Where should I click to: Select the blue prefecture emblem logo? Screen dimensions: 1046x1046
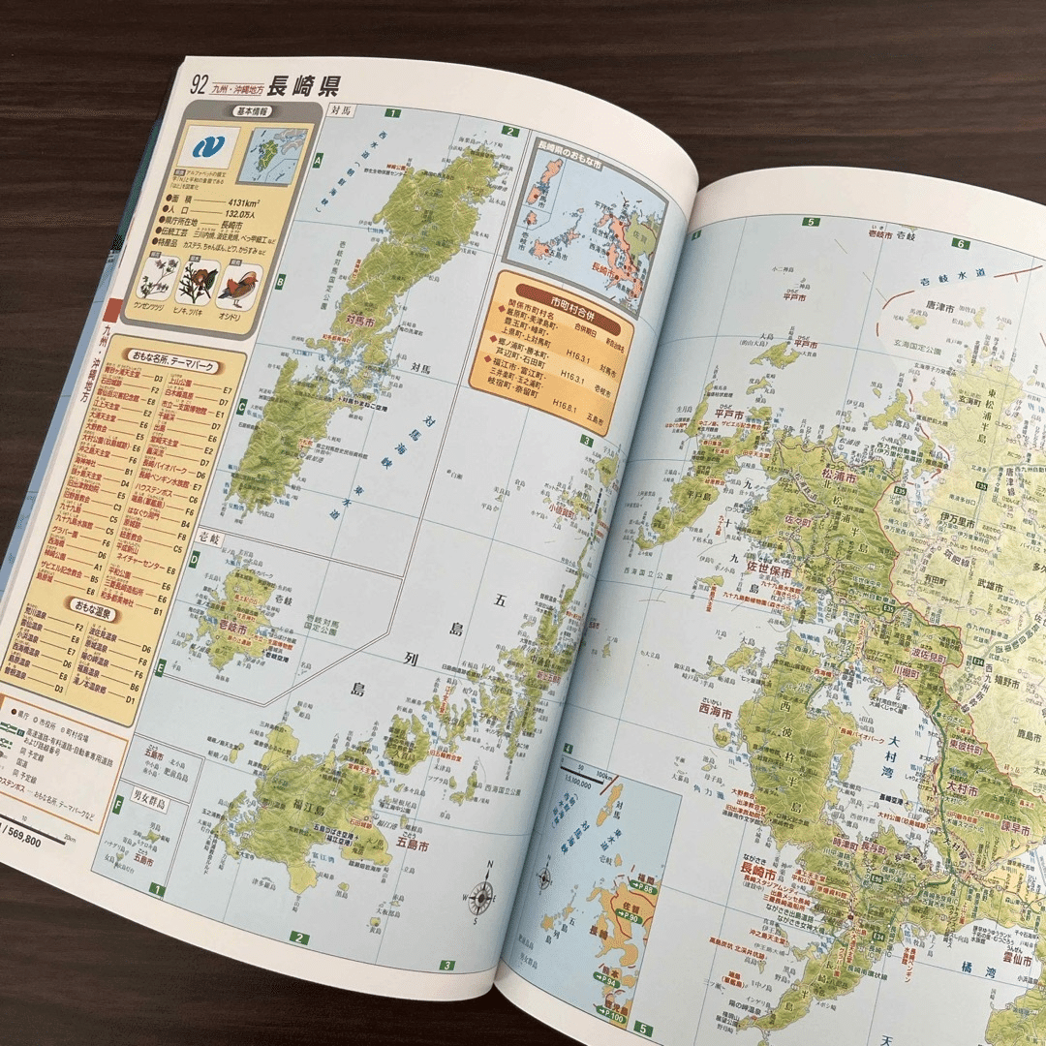[207, 148]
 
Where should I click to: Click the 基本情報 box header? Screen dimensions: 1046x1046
[254, 111]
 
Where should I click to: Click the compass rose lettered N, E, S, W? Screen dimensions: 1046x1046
[483, 894]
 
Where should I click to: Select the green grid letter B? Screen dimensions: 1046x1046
[280, 282]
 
